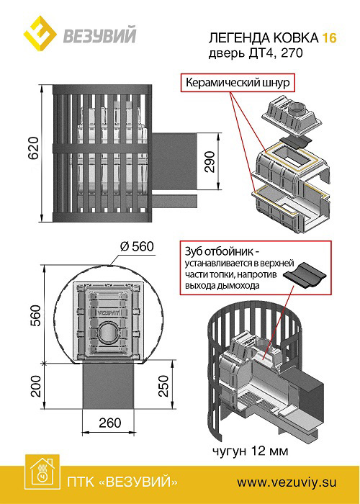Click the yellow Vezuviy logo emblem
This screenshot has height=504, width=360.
pyautogui.click(x=40, y=33)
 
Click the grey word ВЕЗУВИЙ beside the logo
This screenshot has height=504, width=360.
pyautogui.click(x=99, y=35)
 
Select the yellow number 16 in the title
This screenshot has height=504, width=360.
pyautogui.click(x=330, y=38)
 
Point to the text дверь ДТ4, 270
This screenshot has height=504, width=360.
pyautogui.click(x=256, y=53)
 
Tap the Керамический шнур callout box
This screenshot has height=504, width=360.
pyautogui.click(x=238, y=84)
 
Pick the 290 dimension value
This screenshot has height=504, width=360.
pyautogui.click(x=210, y=162)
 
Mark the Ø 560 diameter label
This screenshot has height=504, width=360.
pyautogui.click(x=137, y=247)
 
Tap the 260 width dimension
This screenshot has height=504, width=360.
pyautogui.click(x=110, y=423)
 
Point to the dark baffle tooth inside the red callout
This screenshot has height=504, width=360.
pyautogui.click(x=305, y=276)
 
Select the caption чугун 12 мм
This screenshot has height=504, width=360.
pyautogui.click(x=250, y=451)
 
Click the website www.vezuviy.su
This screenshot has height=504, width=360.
pyautogui.click(x=287, y=482)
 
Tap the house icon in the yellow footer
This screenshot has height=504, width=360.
pyautogui.click(x=42, y=472)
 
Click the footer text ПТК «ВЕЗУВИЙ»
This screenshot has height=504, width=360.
pyautogui.click(x=122, y=482)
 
